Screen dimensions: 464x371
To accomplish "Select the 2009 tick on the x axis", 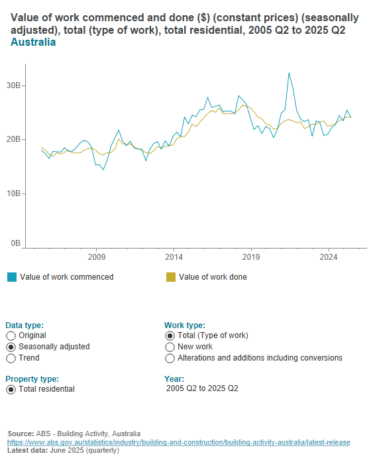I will (97, 257).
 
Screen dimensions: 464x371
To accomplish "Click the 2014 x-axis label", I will (174, 257).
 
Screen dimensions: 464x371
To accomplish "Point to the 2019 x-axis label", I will (251, 257).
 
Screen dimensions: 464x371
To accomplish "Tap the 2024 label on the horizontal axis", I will (328, 257).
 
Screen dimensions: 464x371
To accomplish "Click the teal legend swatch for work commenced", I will (11, 277).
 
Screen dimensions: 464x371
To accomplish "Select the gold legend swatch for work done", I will (170, 277).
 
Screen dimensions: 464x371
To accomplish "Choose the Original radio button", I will (11, 335).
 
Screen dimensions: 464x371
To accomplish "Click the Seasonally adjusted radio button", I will (11, 347).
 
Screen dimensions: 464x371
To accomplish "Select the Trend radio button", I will (11, 358).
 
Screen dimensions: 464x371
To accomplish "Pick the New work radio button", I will (170, 347).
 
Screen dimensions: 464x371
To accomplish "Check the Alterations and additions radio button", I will (170, 358).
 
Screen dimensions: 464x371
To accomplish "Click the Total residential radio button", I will (11, 389).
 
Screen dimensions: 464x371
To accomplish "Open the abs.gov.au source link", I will (178, 442).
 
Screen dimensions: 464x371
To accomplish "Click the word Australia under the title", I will (33, 42).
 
